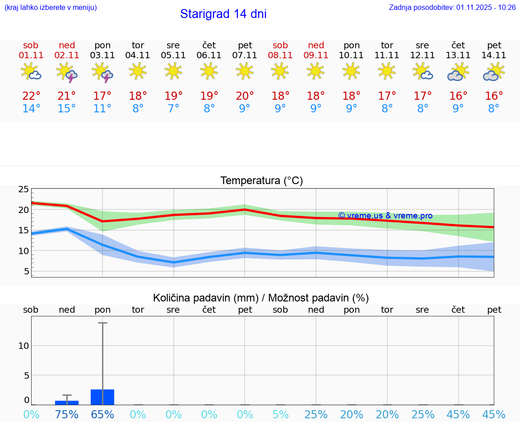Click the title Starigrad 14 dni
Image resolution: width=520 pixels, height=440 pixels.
coord(223,14)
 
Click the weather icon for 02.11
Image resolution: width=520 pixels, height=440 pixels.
coord(66,73)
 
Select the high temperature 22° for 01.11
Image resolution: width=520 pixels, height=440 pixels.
coord(31,96)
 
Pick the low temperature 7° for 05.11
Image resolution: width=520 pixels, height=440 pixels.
coord(173,109)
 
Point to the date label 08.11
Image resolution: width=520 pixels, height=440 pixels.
coord(280,56)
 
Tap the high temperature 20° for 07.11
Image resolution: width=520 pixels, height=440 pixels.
coord(245,96)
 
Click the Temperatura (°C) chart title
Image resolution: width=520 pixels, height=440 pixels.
coord(261,181)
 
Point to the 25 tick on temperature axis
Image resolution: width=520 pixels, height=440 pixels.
coord(23,190)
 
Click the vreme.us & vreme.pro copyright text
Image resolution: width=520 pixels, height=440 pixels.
coord(385,216)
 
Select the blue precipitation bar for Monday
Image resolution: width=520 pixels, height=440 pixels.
coord(102,397)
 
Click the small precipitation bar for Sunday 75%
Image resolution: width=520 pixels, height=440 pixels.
coord(67,403)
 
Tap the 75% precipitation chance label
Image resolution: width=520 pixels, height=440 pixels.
coord(67,414)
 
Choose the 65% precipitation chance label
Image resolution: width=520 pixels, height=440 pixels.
coord(102,414)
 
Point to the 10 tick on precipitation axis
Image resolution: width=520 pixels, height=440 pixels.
coord(23,346)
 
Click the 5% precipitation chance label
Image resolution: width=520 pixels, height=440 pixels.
coord(280,414)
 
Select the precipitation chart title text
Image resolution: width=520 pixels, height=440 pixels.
coord(261,298)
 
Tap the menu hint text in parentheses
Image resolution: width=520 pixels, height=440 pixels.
coord(51,7)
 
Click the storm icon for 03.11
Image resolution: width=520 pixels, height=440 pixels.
coord(102,73)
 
